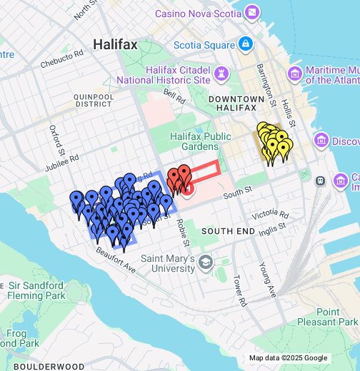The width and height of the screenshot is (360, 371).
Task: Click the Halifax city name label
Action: tap(115, 44)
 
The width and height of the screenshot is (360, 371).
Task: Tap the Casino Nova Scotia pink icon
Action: tap(252, 12)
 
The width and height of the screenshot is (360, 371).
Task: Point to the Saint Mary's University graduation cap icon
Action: tap(206, 263)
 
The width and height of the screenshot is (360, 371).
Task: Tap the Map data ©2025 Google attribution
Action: tap(288, 358)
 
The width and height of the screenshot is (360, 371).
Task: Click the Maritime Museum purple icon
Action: tap(295, 75)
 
